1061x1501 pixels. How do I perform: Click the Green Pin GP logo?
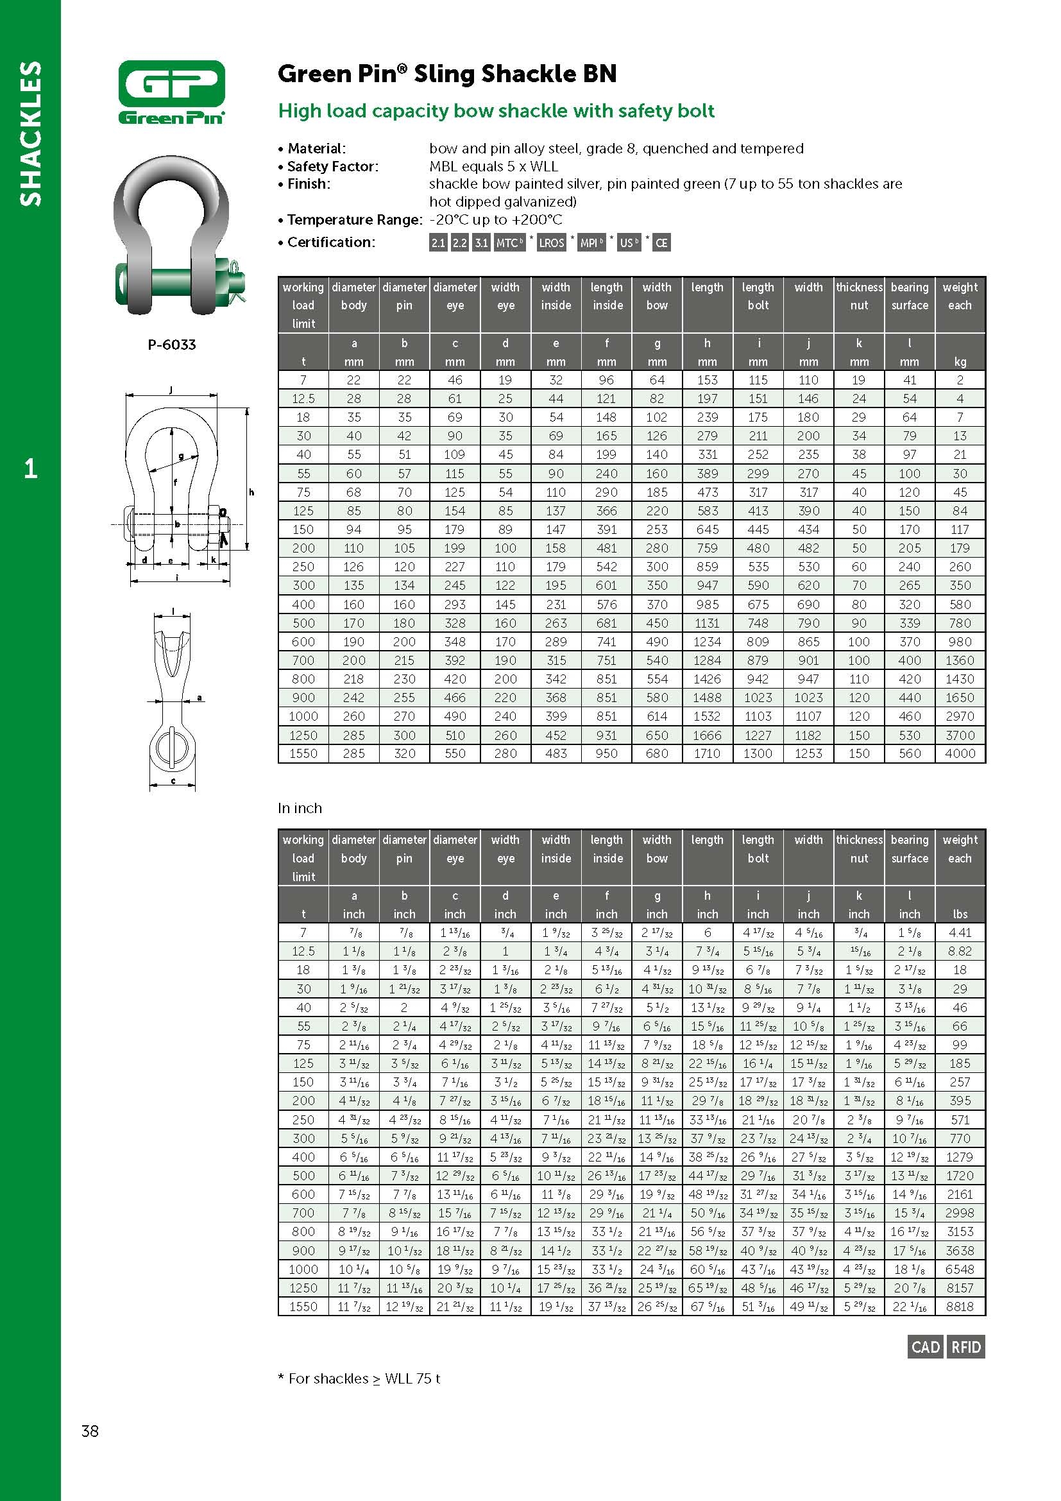pos(171,92)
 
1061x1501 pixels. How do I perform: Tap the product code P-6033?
pos(171,345)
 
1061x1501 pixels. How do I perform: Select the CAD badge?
pos(925,1348)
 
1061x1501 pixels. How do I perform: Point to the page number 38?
pos(90,1431)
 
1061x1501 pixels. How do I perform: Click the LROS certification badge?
pos(551,243)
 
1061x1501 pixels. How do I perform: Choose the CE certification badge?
pos(661,243)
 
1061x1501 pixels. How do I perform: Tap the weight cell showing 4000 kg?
pos(960,753)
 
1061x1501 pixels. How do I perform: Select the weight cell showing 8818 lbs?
pos(960,1306)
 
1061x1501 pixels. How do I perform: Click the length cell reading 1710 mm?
pos(707,753)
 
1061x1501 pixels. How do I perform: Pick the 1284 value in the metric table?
pos(707,660)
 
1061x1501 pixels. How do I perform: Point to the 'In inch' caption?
pos(300,808)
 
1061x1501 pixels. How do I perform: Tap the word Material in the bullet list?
pos(316,148)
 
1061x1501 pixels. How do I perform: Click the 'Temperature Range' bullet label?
pos(354,219)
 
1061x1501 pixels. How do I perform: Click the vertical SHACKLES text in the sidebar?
pos(30,133)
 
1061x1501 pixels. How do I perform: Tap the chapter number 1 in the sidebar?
pos(30,468)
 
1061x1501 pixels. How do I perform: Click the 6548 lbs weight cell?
pos(960,1269)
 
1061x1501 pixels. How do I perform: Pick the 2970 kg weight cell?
pos(960,716)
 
